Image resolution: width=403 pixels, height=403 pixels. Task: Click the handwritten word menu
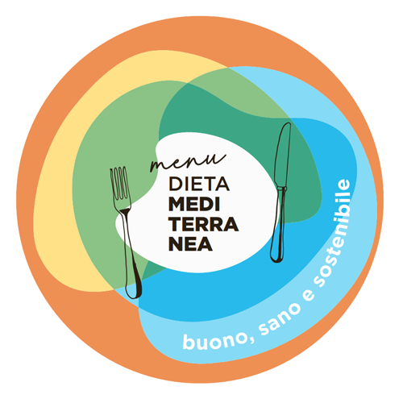pyautogui.click(x=188, y=163)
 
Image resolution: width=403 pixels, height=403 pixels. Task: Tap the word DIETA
pyautogui.click(x=199, y=184)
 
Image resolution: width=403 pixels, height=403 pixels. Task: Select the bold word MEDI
pyautogui.click(x=194, y=204)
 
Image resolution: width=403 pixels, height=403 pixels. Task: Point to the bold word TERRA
pyautogui.click(x=203, y=224)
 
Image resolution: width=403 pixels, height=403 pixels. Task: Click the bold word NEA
pyautogui.click(x=190, y=244)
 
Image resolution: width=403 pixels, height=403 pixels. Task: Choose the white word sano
pyautogui.click(x=280, y=318)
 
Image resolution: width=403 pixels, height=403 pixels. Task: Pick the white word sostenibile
pyautogui.click(x=337, y=236)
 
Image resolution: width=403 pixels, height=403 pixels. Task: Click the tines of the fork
pyautogui.click(x=119, y=183)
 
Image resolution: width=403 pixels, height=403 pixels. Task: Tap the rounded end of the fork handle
pyautogui.click(x=134, y=290)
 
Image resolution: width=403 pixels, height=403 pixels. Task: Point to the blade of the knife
pyautogui.click(x=282, y=156)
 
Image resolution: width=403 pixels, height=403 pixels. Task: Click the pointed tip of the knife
pyautogui.click(x=288, y=123)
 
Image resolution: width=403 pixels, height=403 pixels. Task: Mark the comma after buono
pyautogui.click(x=251, y=339)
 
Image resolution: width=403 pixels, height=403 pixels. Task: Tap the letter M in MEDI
pyautogui.click(x=177, y=204)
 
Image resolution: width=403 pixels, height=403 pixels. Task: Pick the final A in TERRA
pyautogui.click(x=231, y=224)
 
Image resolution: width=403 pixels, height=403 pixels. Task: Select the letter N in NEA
pyautogui.click(x=176, y=244)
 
